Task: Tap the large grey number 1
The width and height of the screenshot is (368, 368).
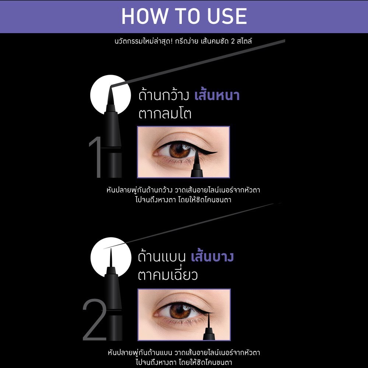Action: [x=96, y=157]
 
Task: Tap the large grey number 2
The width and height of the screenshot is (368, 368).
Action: [x=95, y=320]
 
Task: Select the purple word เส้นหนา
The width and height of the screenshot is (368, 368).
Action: [x=217, y=95]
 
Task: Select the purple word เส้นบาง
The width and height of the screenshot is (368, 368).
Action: [x=212, y=256]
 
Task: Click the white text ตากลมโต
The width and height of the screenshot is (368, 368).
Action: [x=165, y=114]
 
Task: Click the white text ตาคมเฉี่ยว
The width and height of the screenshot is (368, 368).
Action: [x=168, y=275]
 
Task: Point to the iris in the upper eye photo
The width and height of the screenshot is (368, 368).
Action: [x=180, y=151]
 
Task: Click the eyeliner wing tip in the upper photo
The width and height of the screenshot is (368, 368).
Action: [x=217, y=153]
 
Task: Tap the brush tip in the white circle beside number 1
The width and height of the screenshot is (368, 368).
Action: [x=110, y=96]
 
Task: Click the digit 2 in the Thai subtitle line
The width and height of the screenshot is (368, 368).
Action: [x=233, y=41]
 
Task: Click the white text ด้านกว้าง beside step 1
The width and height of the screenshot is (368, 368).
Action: [x=164, y=95]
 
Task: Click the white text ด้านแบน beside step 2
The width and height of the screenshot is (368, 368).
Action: [x=162, y=256]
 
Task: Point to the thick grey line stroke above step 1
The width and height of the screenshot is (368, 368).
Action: [x=198, y=63]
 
